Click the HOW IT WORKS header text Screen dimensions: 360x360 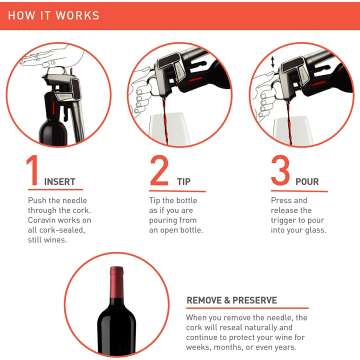click(56, 17)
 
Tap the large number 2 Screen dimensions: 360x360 click(159, 170)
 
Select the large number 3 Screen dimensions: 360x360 click(281, 171)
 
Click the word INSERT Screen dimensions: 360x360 click(59, 183)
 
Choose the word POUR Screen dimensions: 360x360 click(308, 183)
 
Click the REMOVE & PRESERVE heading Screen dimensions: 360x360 click(238, 299)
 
